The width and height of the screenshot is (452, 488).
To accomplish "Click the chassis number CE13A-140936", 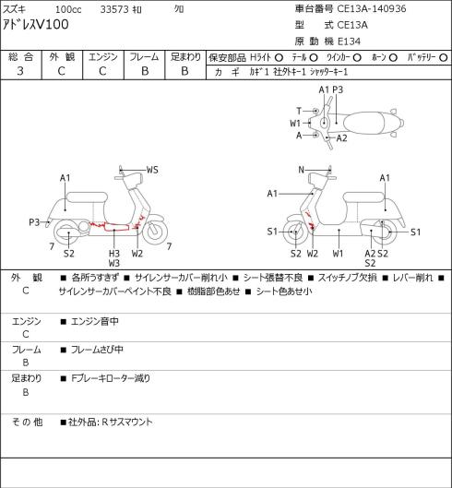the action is click(372, 8).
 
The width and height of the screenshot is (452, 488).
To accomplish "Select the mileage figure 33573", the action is click(114, 9).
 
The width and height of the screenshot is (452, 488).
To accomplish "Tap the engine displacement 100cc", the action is click(68, 9).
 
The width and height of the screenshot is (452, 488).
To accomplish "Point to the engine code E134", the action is click(349, 42).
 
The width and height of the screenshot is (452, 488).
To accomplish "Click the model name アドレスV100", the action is click(35, 24).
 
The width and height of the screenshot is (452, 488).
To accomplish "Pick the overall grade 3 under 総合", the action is click(20, 71).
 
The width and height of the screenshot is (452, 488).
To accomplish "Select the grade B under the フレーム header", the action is click(145, 71).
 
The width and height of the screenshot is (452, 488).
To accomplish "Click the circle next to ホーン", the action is click(393, 58).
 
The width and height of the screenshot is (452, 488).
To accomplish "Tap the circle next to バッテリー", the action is click(444, 58).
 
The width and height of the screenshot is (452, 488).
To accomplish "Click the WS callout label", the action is click(152, 170).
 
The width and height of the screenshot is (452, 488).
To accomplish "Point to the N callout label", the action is click(301, 170).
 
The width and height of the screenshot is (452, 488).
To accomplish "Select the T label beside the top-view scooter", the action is click(299, 111).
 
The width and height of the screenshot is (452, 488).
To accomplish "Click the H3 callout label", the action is click(114, 254).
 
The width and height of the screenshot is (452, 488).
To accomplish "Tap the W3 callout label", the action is click(114, 263).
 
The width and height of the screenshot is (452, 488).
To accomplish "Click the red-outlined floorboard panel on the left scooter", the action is click(116, 227).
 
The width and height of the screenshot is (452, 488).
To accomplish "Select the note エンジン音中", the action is click(95, 321).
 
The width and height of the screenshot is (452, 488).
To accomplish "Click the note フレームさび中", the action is click(97, 350).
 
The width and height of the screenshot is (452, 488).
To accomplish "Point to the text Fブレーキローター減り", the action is click(111, 378).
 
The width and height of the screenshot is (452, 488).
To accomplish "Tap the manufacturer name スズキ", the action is click(15, 9).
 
